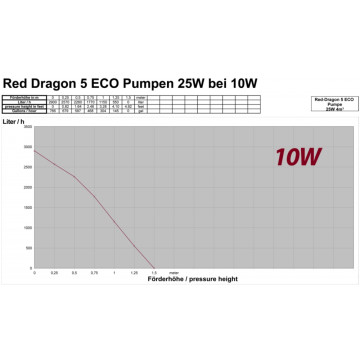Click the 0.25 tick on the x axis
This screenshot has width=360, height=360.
[55, 271]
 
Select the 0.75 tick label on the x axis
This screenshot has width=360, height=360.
[94, 271]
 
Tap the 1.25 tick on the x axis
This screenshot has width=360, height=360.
[134, 271]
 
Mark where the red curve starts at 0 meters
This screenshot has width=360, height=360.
[35, 151]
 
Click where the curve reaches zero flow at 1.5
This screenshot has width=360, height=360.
[153, 266]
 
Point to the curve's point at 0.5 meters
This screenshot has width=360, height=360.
[75, 177]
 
